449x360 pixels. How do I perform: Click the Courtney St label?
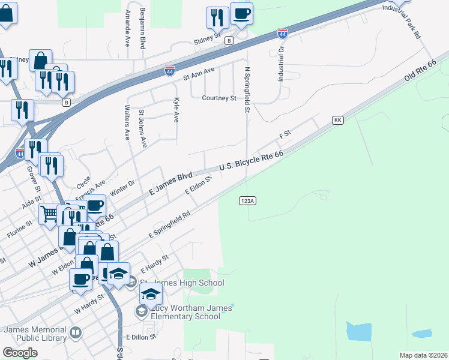(x=219, y=98)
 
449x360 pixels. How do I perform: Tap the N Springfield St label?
(x=246, y=89)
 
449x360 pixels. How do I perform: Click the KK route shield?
(x=337, y=121)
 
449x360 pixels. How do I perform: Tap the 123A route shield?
(x=247, y=200)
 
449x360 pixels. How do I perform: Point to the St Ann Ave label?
(x=199, y=74)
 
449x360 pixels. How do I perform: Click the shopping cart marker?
(x=49, y=213)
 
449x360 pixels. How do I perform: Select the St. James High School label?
(x=181, y=283)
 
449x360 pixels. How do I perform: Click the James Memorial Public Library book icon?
(x=76, y=332)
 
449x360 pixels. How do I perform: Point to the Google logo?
(x=20, y=352)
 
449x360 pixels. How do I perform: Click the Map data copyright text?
(x=424, y=355)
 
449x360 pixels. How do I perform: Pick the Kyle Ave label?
(x=176, y=110)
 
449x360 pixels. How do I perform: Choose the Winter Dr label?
(x=122, y=187)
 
